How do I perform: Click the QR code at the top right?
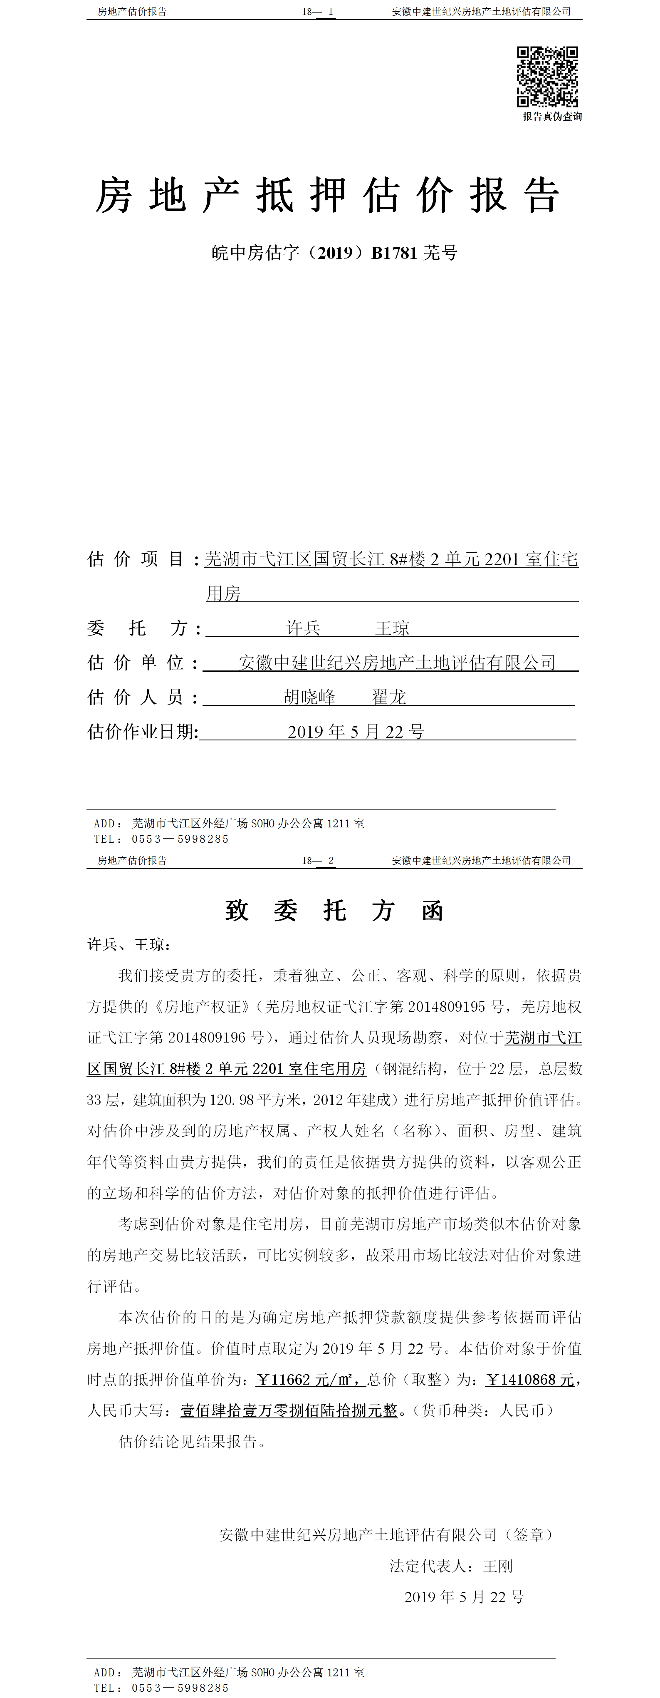tap(547, 77)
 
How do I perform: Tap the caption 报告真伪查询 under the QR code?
tap(552, 117)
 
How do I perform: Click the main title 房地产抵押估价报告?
tap(327, 196)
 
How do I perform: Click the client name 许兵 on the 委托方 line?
tap(303, 628)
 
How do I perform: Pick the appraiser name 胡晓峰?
tap(309, 697)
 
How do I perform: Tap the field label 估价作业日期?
tap(142, 732)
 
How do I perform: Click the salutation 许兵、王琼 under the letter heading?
tap(129, 945)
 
